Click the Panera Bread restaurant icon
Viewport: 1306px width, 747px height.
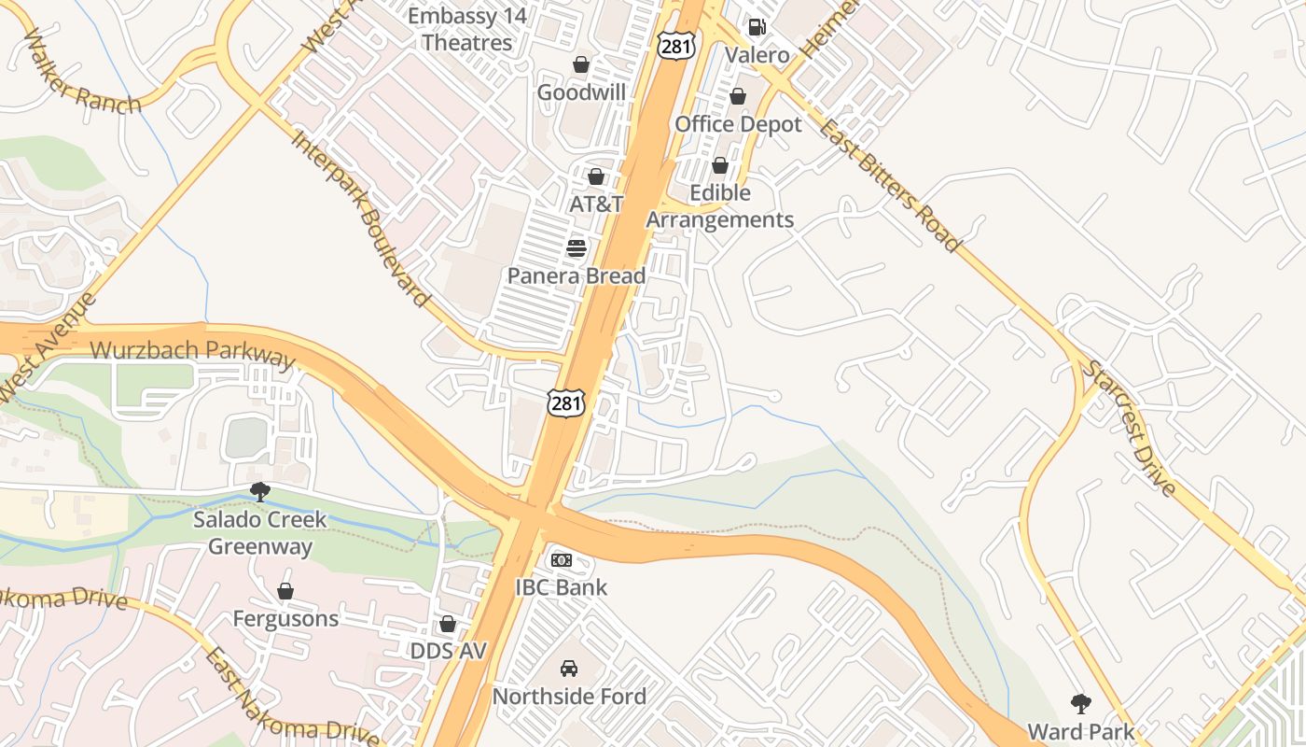(x=577, y=248)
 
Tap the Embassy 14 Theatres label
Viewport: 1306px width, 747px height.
(x=467, y=29)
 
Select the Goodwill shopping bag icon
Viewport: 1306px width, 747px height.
(x=581, y=64)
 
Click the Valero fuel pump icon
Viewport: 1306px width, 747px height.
(x=757, y=27)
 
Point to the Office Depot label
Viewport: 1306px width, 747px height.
(x=738, y=124)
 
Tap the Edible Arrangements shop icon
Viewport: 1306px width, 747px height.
(x=720, y=166)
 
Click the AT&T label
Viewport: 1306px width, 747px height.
(x=596, y=204)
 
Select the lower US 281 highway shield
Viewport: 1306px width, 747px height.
(x=566, y=402)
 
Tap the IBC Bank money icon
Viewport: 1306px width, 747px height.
(x=561, y=560)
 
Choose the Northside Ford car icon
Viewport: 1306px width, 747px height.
(x=568, y=669)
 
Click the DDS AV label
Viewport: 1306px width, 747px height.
(x=449, y=651)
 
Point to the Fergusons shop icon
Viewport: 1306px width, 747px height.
(x=285, y=591)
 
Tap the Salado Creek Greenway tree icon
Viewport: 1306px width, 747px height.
(x=260, y=491)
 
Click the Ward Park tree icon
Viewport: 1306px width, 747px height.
(x=1081, y=703)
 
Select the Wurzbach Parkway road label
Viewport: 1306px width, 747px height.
(x=192, y=353)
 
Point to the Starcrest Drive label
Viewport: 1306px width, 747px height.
(x=1129, y=428)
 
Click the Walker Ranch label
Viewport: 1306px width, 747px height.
(x=82, y=73)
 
